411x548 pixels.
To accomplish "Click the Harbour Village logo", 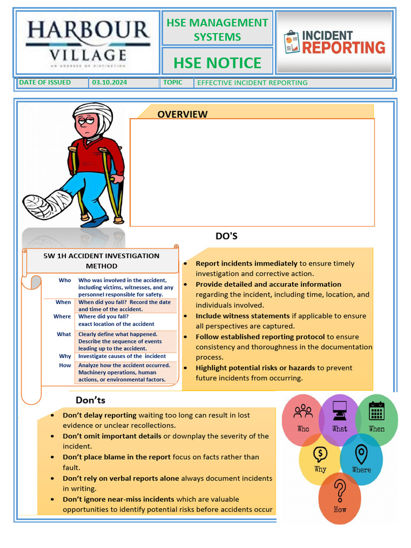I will (88, 42).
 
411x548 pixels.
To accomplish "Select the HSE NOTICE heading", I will (217, 63).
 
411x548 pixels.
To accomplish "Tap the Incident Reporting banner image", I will (334, 42).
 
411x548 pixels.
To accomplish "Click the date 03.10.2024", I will (109, 82).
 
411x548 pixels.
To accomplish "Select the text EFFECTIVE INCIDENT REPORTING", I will (252, 83).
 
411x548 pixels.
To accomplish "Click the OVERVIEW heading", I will (182, 114).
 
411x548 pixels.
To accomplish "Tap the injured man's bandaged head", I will (94, 116).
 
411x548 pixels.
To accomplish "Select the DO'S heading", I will (226, 236).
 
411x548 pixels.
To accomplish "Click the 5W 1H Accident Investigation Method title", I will (101, 261).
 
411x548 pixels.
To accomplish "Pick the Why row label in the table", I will (65, 356).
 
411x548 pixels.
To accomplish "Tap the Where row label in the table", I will (62, 317).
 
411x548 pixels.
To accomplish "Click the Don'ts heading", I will (90, 400).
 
